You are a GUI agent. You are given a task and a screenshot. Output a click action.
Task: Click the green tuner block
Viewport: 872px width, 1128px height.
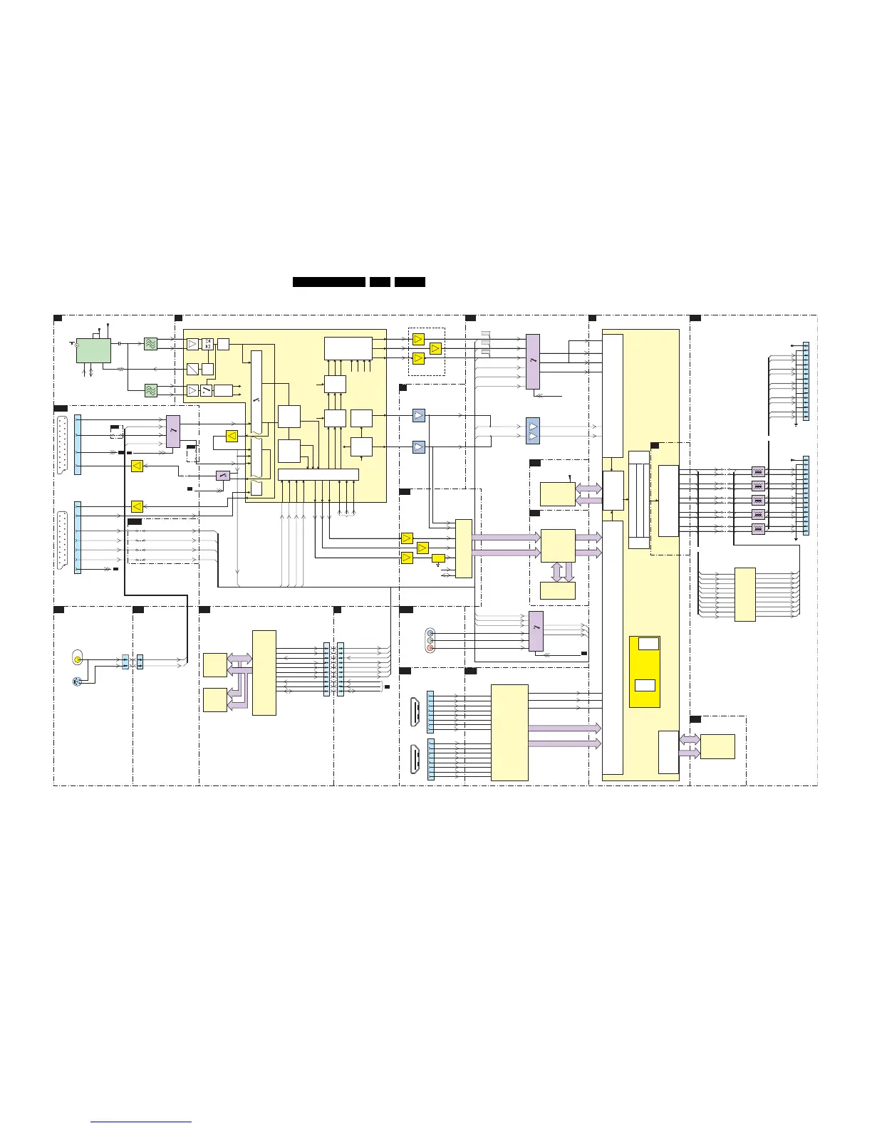(x=93, y=350)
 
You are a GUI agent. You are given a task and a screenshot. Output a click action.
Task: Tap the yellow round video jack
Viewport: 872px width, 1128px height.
(x=78, y=659)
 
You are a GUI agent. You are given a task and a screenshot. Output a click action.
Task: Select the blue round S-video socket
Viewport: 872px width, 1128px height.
(x=78, y=681)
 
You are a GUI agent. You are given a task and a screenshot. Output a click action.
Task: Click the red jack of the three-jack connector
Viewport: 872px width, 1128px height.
(x=430, y=649)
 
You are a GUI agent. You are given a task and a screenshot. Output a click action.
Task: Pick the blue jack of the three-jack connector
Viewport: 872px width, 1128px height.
(x=430, y=632)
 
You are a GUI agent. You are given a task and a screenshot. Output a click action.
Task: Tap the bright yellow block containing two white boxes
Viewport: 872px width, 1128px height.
(x=644, y=671)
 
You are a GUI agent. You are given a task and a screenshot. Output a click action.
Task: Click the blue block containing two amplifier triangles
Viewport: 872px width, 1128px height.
(x=533, y=432)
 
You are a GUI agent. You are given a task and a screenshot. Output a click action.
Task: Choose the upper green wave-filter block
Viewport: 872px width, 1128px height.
(x=150, y=344)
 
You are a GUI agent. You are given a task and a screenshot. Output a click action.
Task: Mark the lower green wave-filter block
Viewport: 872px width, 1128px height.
(x=150, y=390)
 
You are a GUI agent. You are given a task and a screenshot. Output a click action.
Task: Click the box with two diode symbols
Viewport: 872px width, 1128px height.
(x=207, y=344)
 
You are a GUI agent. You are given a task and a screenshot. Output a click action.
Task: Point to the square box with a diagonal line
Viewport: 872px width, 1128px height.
(x=192, y=369)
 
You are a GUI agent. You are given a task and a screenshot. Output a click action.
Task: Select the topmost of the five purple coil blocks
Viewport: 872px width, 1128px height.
(x=758, y=471)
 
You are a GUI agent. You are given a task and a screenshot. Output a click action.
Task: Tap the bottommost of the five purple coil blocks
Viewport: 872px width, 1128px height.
(x=758, y=529)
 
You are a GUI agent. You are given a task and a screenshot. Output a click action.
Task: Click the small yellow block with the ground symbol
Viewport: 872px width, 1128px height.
(x=438, y=558)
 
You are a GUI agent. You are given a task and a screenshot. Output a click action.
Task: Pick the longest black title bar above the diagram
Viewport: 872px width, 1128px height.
(x=329, y=282)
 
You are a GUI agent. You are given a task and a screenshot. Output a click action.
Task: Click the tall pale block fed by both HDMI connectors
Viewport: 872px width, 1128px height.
(x=509, y=733)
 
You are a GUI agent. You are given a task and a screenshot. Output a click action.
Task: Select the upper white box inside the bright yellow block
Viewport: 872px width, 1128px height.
(x=648, y=644)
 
